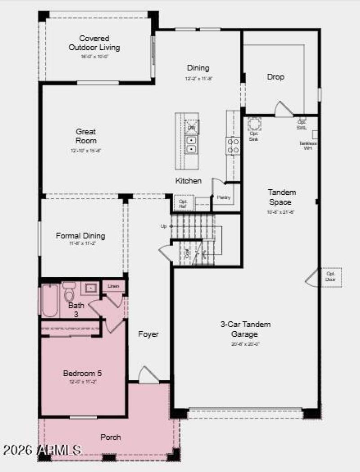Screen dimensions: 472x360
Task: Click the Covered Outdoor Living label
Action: point(94,43)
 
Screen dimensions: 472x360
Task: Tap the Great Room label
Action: point(85,136)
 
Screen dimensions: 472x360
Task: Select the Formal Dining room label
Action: point(81,236)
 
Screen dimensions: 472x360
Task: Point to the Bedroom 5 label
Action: point(82,373)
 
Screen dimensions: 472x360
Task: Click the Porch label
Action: point(110,437)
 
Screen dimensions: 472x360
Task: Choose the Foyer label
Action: point(148,334)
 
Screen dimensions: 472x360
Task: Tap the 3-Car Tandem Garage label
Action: point(245,329)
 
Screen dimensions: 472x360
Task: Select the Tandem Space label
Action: point(282,197)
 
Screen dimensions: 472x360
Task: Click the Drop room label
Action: point(276,77)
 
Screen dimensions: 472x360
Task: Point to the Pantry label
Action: point(224,197)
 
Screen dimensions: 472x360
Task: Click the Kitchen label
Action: point(189,181)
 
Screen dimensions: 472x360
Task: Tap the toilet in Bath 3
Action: point(69,293)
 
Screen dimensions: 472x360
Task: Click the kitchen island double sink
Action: point(192,144)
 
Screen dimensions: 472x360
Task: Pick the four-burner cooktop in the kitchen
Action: point(233,145)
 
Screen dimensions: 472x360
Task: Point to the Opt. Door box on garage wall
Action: point(331,277)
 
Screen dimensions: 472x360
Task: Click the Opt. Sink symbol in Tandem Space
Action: point(254,124)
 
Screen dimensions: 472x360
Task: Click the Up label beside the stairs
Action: point(164,226)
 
